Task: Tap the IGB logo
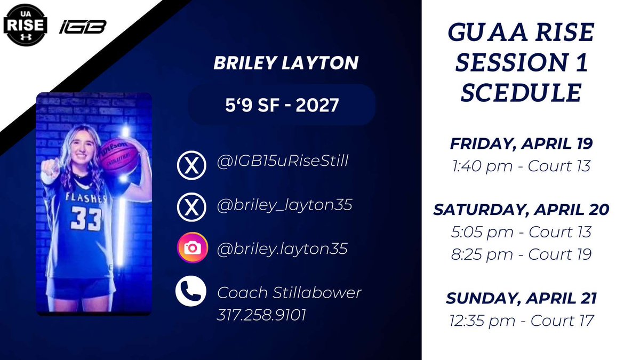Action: (83, 27)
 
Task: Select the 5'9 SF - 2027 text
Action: (282, 105)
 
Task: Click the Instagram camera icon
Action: (191, 248)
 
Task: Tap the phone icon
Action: (191, 292)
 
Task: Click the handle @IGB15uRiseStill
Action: (283, 160)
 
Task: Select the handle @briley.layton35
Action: (282, 248)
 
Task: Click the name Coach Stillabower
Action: (290, 292)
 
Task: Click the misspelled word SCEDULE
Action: (521, 93)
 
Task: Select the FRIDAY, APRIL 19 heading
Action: (521, 144)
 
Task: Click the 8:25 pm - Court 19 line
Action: (521, 254)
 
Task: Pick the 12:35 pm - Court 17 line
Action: (521, 321)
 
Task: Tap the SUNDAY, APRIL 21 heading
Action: (521, 298)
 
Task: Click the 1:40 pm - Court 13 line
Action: (521, 165)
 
